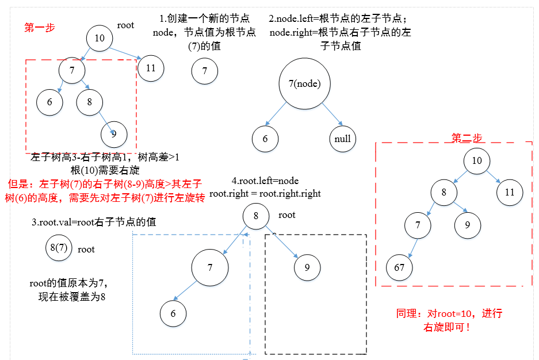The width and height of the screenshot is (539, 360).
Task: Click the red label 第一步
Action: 40,27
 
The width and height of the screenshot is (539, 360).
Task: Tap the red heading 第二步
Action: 467,138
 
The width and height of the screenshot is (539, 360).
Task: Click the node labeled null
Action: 343,139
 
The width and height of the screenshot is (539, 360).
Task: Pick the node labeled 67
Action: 400,267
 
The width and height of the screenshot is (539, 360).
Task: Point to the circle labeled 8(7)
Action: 59,248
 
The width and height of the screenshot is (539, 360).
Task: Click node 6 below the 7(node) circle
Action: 265,139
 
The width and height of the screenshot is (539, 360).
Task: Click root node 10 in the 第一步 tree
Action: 100,39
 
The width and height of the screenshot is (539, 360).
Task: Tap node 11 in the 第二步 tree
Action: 510,192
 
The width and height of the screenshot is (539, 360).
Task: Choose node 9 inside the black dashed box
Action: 307,267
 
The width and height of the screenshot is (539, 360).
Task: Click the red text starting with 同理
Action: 449,320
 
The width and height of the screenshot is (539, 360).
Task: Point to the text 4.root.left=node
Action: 265,181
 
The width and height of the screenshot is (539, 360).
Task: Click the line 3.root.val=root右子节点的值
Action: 94,222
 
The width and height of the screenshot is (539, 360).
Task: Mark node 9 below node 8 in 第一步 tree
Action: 114,134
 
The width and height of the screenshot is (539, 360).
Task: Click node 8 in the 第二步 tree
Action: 444,193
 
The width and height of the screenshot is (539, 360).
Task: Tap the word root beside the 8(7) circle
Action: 86,249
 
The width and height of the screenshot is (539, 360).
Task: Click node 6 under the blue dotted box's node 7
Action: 173,313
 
